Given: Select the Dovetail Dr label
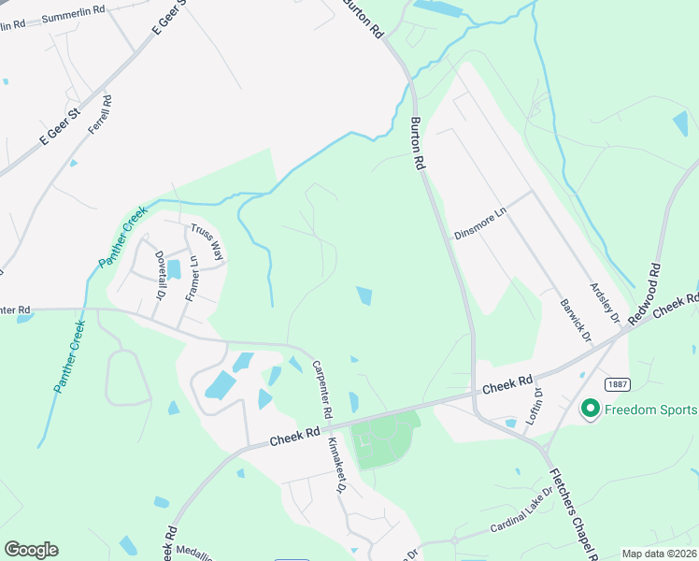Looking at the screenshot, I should pos(160,272).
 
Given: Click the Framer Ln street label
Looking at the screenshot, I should pos(192,279).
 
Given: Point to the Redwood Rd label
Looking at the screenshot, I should pos(646,294).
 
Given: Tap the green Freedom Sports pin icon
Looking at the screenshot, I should pos(590,410).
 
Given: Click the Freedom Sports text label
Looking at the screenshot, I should pos(650,410).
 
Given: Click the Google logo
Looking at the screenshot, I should pos(31,550).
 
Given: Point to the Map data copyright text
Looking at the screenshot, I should pos(660,554).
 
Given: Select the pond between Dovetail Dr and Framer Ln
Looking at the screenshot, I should pos(174,270).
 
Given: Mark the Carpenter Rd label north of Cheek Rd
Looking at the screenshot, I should pos(322,389).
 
